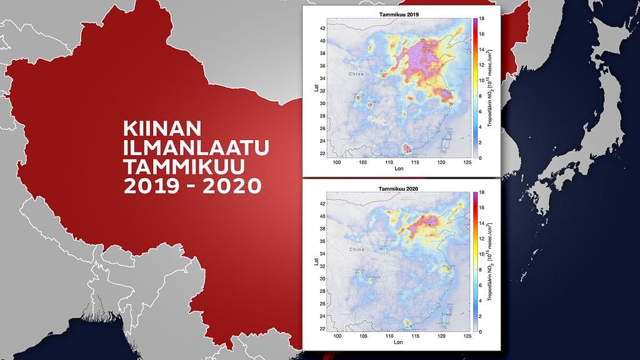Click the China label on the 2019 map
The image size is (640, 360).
356,74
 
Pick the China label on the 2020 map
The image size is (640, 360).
356,249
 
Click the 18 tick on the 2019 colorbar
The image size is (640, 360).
482,20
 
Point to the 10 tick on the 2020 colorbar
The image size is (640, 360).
482,254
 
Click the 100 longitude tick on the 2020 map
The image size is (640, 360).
337,336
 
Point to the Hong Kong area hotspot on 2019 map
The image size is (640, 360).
407,147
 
